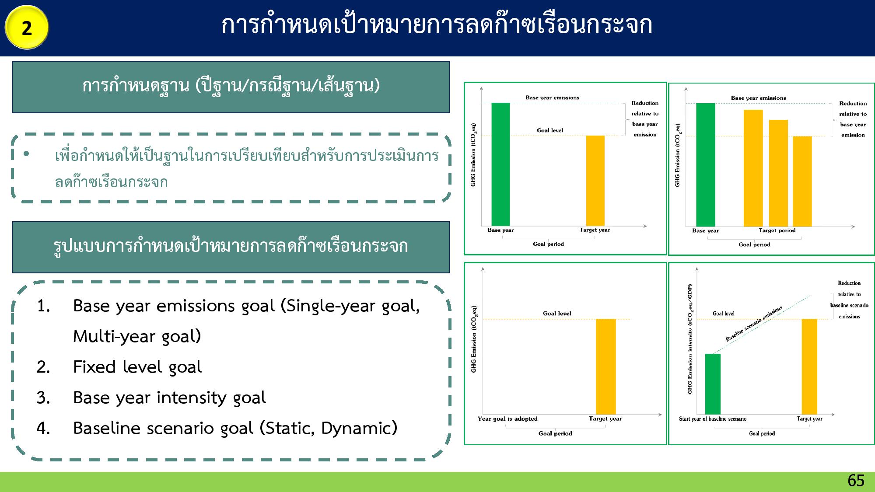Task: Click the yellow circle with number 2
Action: (x=27, y=28)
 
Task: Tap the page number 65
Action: (x=856, y=481)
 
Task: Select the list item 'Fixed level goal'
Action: (x=137, y=367)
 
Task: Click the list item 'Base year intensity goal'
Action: (x=169, y=398)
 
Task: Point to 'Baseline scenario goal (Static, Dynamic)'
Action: (x=235, y=428)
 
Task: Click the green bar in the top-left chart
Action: (x=500, y=164)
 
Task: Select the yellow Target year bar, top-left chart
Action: (x=595, y=181)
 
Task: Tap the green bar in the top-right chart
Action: (x=705, y=164)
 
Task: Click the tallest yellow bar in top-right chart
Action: (x=753, y=168)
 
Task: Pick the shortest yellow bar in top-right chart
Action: (x=802, y=181)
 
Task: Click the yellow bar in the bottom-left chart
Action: (x=605, y=366)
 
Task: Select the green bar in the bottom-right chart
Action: (x=713, y=384)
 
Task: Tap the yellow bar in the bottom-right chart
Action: (x=809, y=366)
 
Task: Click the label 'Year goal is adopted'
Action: (x=507, y=419)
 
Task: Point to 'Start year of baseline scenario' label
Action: (x=713, y=419)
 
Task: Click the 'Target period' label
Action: (x=777, y=230)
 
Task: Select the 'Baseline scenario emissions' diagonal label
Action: (x=754, y=324)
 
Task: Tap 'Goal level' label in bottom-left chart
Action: (x=557, y=313)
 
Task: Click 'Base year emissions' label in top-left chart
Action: (x=552, y=98)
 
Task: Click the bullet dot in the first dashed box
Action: (x=26, y=154)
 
